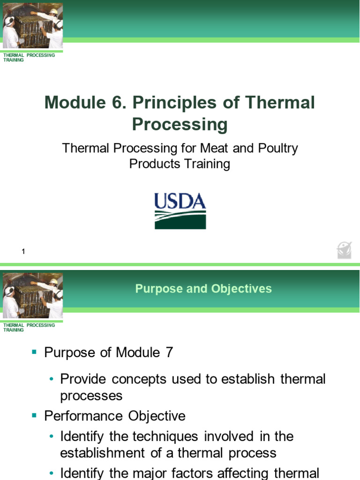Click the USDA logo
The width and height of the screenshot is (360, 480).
coord(180,211)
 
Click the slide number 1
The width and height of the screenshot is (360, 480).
coord(23,252)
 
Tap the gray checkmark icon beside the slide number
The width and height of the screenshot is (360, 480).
coord(345,250)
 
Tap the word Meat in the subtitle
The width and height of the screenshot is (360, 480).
coord(215,148)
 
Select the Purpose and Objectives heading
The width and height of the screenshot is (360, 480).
coord(203,288)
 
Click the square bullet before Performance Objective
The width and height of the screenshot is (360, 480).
coord(34,415)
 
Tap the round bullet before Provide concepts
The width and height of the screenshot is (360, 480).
coord(51,379)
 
